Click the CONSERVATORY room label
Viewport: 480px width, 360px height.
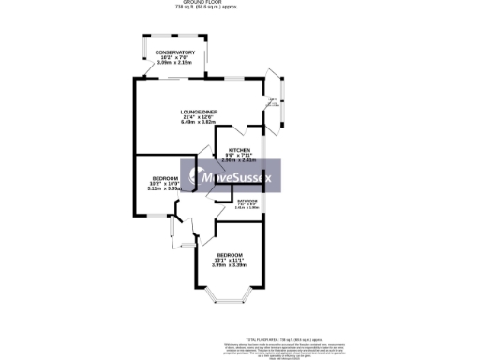[x=175, y=52]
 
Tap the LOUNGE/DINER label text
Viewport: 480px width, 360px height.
[x=199, y=112]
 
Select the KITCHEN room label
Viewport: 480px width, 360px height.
[x=238, y=150]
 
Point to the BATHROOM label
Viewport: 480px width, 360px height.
[x=247, y=200]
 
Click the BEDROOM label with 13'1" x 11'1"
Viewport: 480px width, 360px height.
[x=230, y=256]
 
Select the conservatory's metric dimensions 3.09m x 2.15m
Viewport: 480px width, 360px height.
[x=175, y=63]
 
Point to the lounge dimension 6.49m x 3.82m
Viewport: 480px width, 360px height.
[x=199, y=123]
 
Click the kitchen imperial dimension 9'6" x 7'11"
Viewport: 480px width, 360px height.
[x=238, y=156]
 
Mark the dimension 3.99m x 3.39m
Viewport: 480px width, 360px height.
[x=230, y=267]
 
